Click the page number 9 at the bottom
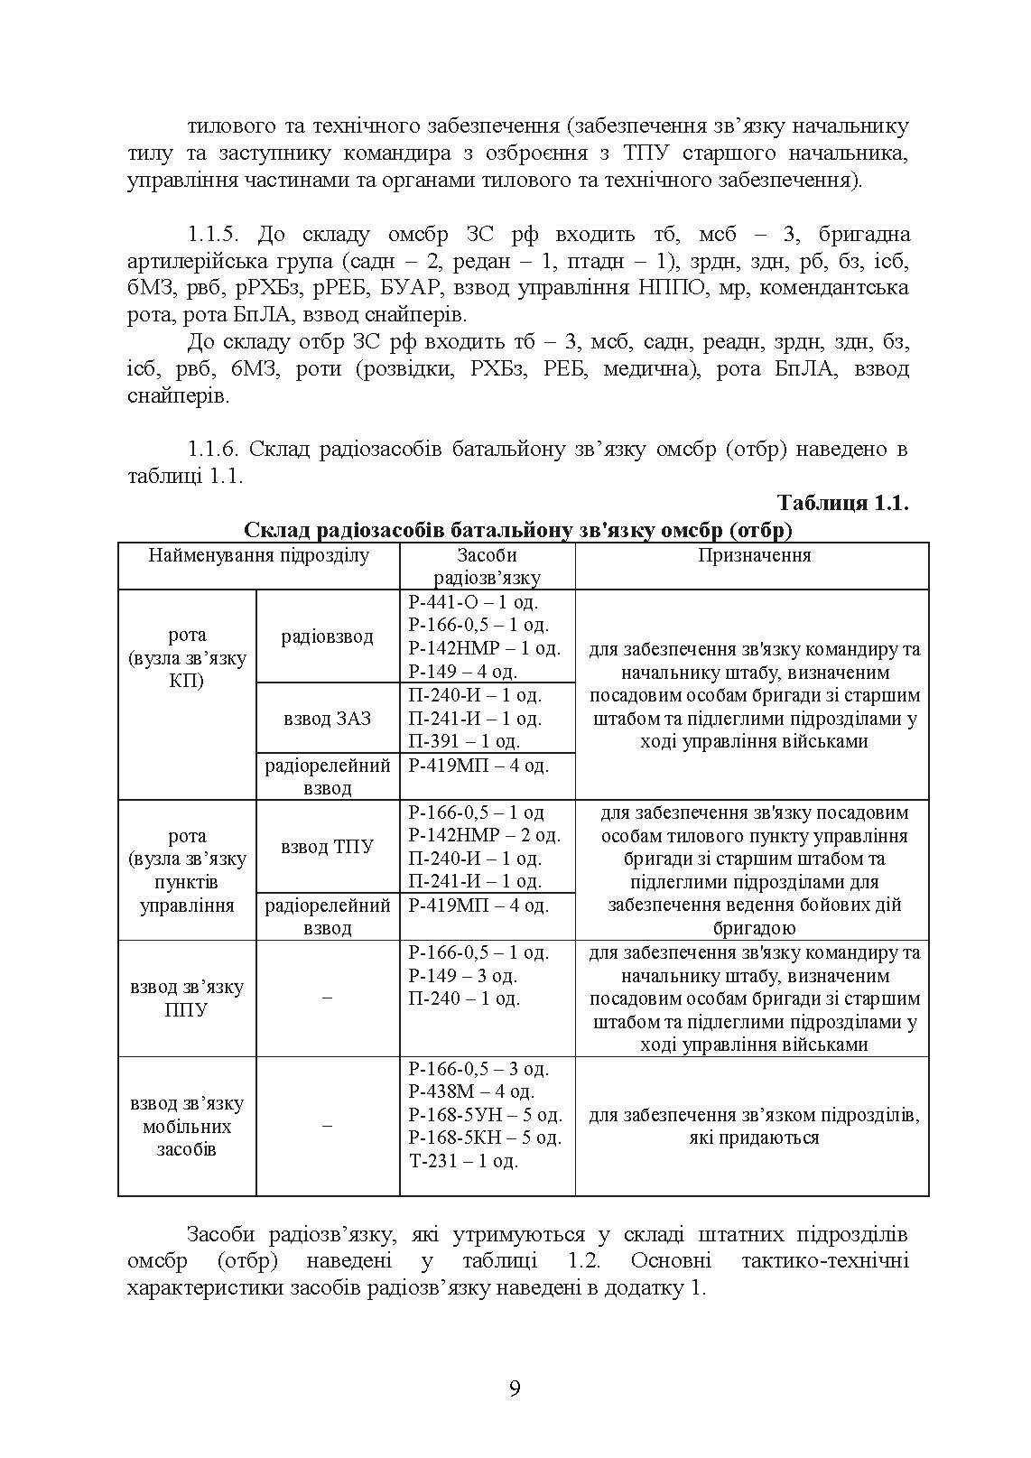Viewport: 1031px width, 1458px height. click(x=515, y=1388)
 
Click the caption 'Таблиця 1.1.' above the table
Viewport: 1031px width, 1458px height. click(x=842, y=504)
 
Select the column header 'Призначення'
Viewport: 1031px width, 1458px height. click(x=754, y=555)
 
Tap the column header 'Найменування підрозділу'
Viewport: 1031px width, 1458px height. click(x=259, y=555)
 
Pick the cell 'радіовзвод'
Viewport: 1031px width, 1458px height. click(x=327, y=636)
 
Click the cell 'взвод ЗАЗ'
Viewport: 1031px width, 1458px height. click(x=327, y=719)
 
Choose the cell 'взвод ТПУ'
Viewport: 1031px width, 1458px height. click(x=327, y=847)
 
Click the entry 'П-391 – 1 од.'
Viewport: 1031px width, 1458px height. click(x=464, y=741)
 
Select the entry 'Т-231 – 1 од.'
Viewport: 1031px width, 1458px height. click(x=464, y=1161)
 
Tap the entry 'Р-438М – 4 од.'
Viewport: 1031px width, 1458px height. click(x=471, y=1091)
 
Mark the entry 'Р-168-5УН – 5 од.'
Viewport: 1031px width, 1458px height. click(x=485, y=1114)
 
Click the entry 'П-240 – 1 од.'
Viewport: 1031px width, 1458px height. click(x=464, y=998)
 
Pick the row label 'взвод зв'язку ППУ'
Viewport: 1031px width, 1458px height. click(x=187, y=998)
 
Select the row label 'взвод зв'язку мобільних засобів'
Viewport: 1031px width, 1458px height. click(x=187, y=1127)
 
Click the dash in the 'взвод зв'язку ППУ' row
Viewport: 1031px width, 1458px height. click(x=327, y=998)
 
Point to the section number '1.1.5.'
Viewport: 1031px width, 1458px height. click(x=215, y=236)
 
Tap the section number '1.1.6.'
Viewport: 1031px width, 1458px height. click(x=215, y=450)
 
